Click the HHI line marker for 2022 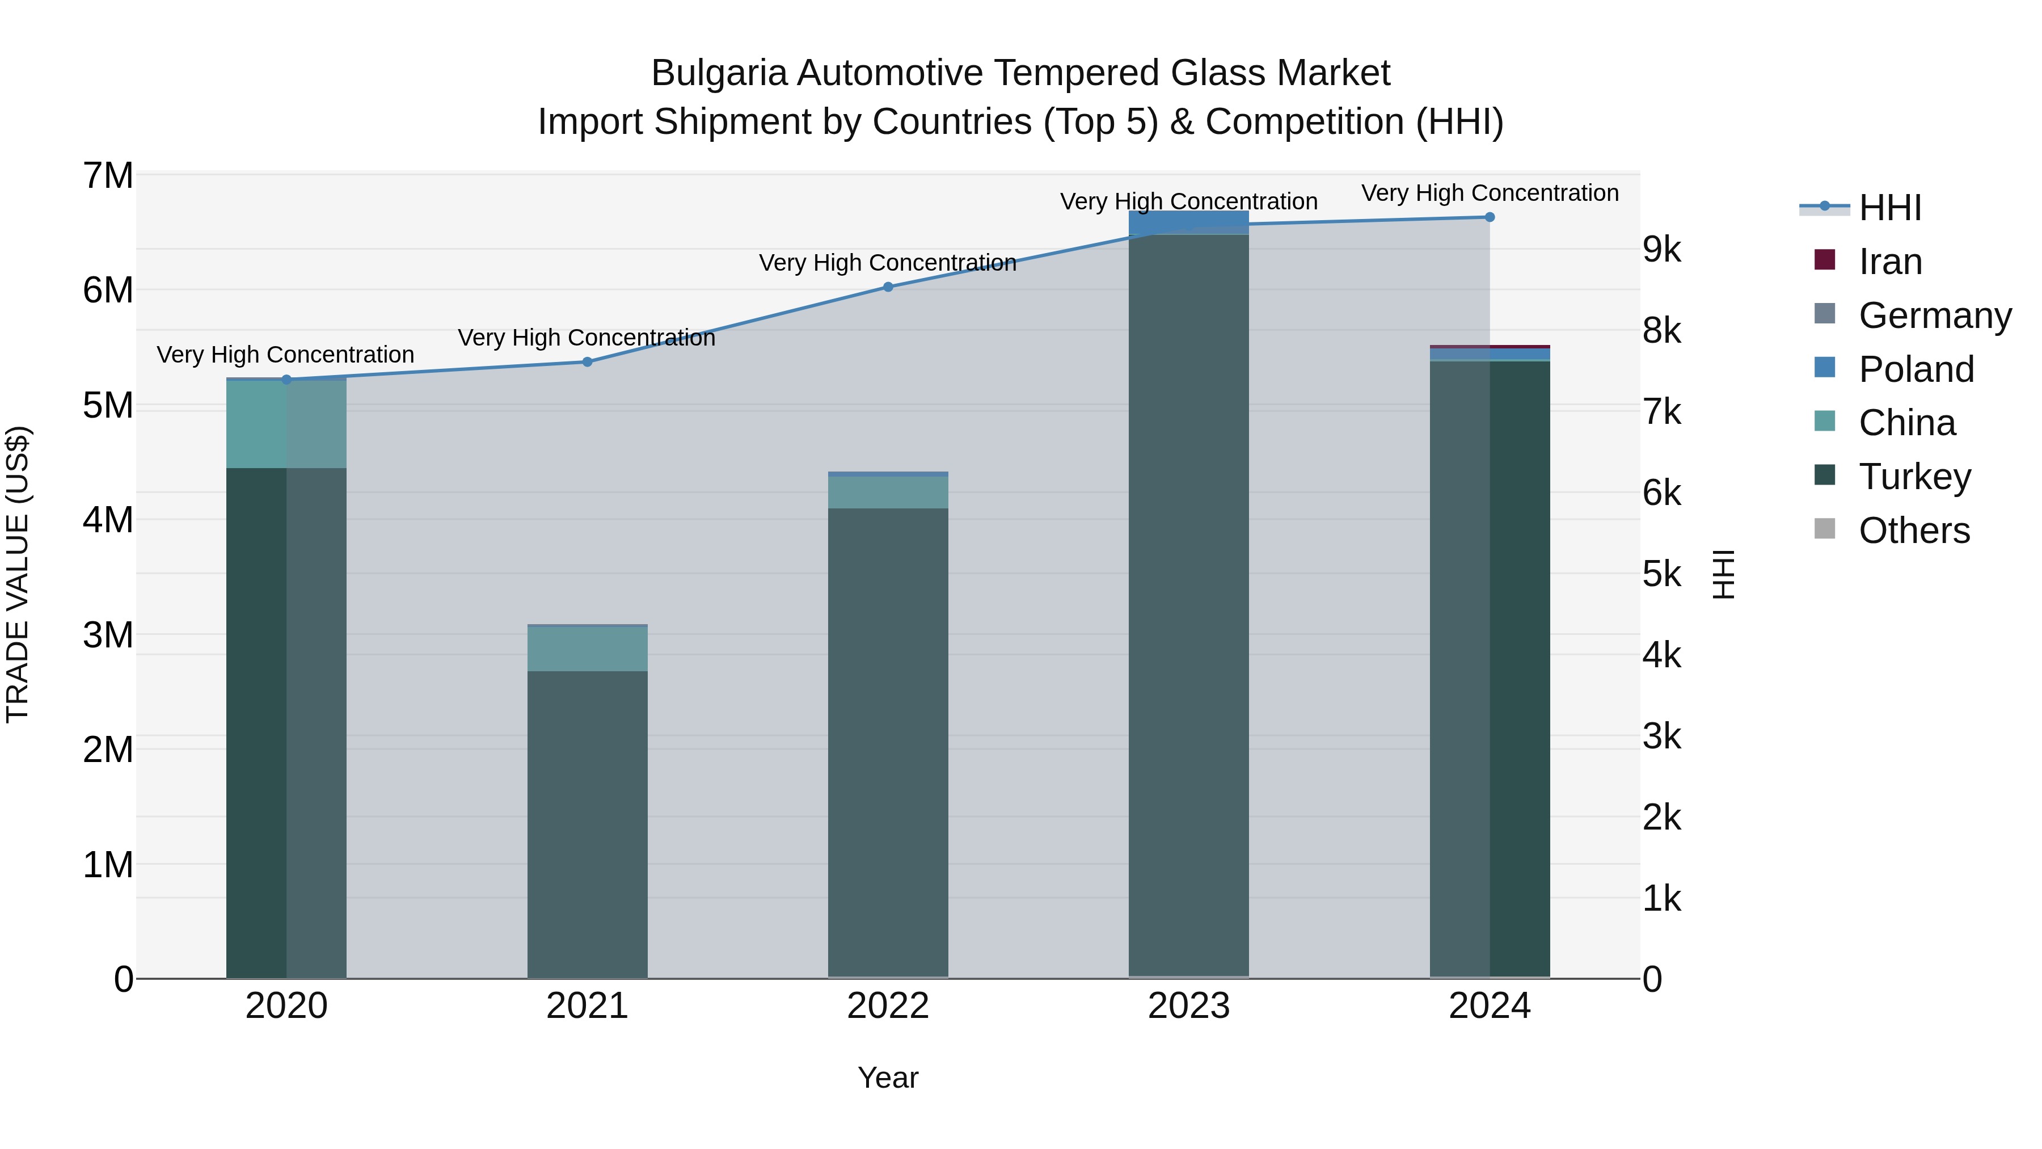pos(888,287)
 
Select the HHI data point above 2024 pos(1490,217)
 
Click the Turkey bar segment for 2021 pos(588,824)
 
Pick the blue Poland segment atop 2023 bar pos(1188,222)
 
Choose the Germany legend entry pos(1934,315)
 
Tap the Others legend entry pos(1914,531)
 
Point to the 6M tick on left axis pos(108,290)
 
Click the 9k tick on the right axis pos(1661,250)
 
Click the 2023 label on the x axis pos(1188,1006)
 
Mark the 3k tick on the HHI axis pos(1661,736)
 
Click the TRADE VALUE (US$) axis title pos(18,574)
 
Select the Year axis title pos(888,1078)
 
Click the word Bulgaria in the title pos(719,73)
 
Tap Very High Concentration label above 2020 pos(285,355)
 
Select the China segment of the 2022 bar pos(888,493)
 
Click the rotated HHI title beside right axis pos(1723,574)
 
